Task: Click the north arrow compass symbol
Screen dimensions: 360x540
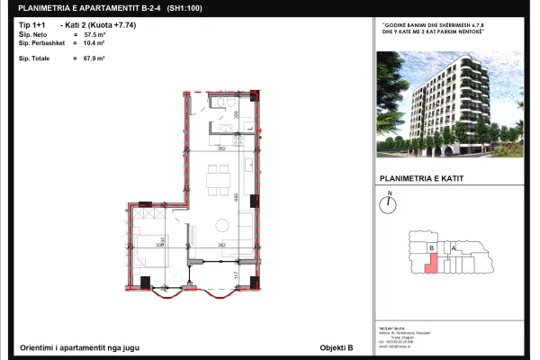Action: [x=389, y=204]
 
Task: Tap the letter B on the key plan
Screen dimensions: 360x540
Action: [x=432, y=247]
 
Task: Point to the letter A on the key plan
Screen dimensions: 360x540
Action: [x=454, y=247]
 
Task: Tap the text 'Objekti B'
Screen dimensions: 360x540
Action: [x=337, y=346]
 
